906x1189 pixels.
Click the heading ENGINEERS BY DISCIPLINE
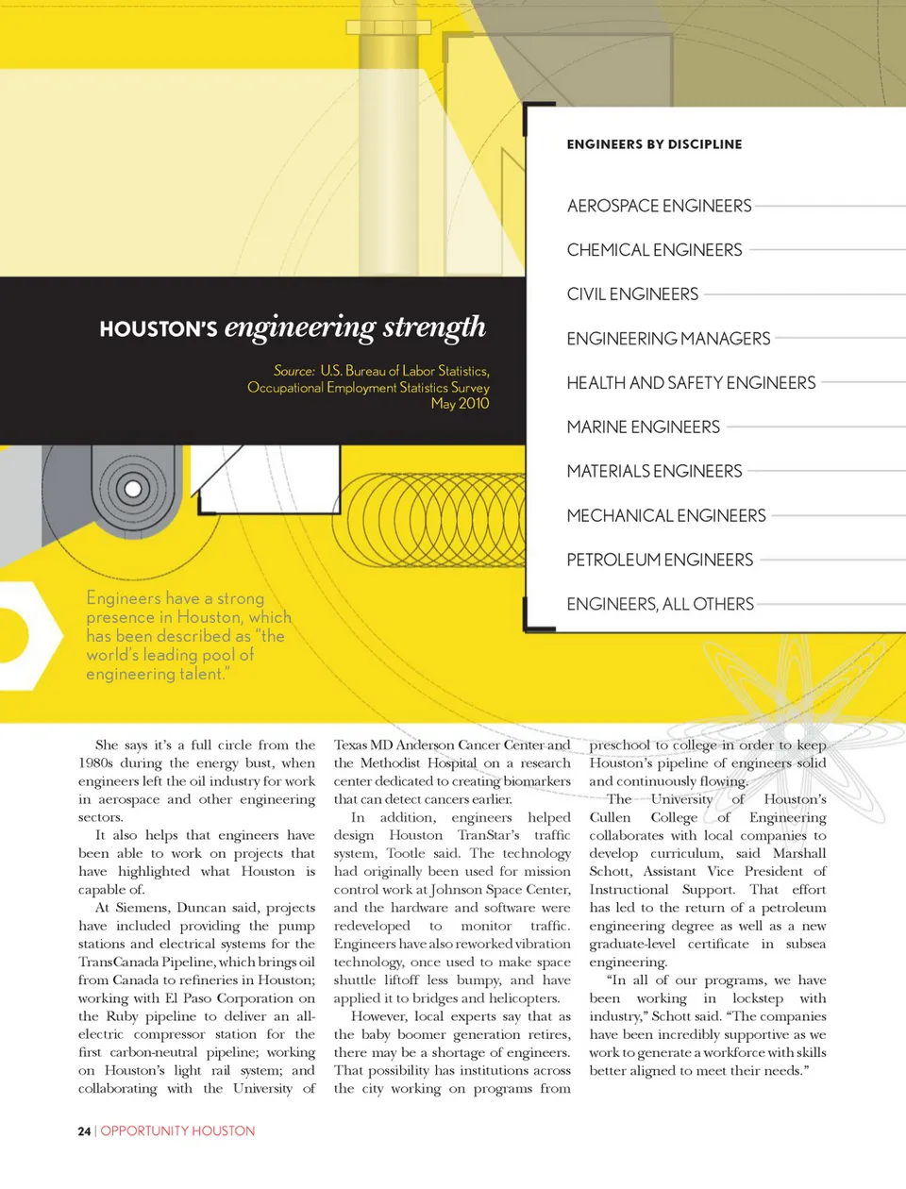point(654,144)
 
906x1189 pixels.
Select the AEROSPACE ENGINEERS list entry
point(659,206)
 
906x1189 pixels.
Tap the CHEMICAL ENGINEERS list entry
point(654,250)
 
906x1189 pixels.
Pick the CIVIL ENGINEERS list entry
point(632,294)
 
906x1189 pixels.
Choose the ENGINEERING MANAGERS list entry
point(668,339)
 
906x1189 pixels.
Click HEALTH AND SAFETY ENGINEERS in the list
point(691,383)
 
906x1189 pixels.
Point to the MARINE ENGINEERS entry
point(643,427)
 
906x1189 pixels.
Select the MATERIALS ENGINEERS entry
point(654,472)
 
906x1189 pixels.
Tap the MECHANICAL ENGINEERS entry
point(666,516)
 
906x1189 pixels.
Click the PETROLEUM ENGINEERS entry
point(660,561)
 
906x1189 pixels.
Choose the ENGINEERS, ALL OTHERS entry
point(660,605)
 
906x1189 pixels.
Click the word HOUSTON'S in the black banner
point(159,329)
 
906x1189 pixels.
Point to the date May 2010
point(460,404)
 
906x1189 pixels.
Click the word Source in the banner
point(294,371)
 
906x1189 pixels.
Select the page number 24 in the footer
point(84,1130)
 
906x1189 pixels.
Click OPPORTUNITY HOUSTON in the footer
point(177,1130)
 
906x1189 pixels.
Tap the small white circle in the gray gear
point(133,489)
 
